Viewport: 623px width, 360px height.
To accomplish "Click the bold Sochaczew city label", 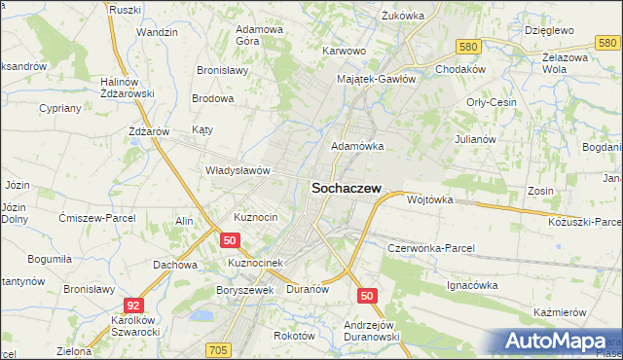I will tap(346, 191).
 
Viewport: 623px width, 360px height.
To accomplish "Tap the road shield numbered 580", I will tap(470, 46).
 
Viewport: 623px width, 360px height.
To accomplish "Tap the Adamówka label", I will tap(357, 146).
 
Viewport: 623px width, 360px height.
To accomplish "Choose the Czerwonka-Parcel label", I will tap(430, 248).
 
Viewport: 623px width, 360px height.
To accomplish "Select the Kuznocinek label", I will tap(254, 263).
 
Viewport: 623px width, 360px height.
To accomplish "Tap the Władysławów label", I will tap(237, 169).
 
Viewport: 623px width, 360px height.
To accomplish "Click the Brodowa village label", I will tap(213, 98).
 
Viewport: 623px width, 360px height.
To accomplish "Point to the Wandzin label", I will tap(157, 32).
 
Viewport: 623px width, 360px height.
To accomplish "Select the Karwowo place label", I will tap(344, 51).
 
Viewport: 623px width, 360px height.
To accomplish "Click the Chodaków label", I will tap(460, 71).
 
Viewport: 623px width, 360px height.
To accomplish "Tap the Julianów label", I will tap(476, 139).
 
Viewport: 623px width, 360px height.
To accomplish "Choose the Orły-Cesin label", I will tap(491, 102).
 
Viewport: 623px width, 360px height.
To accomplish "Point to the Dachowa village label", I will tap(175, 264).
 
